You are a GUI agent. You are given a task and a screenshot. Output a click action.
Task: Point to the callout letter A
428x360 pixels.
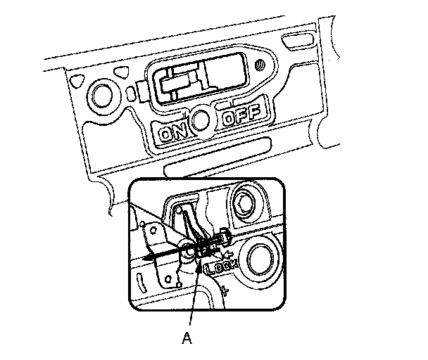[x=187, y=338]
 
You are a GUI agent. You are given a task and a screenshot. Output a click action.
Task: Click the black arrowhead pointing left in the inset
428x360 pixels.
[x=147, y=259]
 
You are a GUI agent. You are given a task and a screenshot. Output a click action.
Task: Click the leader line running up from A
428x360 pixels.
[x=193, y=295]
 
